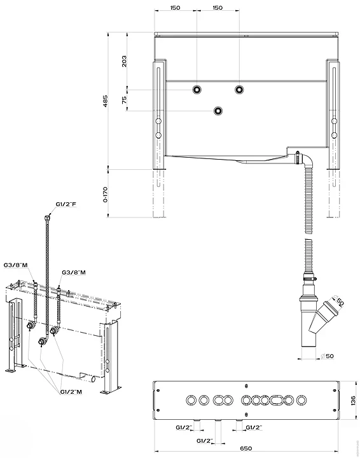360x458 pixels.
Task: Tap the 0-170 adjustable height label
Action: [x=106, y=190]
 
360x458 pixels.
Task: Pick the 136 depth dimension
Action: [x=353, y=399]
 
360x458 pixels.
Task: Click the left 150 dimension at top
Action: [x=175, y=8]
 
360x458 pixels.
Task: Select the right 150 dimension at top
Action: [x=218, y=8]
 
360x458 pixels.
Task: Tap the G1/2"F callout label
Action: [x=66, y=204]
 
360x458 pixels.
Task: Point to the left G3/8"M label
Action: [x=15, y=264]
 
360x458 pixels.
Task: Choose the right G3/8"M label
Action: [x=74, y=273]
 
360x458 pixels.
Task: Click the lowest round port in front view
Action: [x=218, y=111]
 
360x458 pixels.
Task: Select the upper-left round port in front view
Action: [x=197, y=89]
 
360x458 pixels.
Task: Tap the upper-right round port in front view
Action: [x=239, y=89]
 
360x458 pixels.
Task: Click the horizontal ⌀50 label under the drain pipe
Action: [x=328, y=356]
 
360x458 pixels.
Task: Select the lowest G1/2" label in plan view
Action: [x=205, y=440]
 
